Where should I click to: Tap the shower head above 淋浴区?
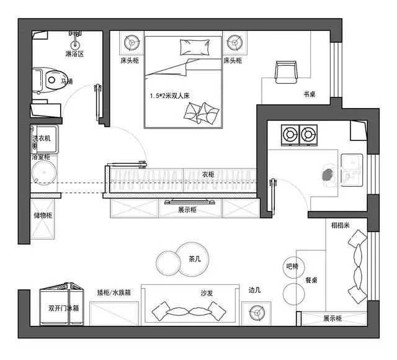[75, 40]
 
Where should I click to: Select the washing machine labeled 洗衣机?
[45, 139]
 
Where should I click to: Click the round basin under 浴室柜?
[44, 173]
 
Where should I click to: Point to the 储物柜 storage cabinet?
[43, 219]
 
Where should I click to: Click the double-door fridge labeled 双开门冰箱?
[62, 305]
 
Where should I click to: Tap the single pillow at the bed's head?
[195, 47]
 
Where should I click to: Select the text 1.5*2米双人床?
[169, 96]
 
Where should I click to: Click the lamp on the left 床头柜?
[132, 42]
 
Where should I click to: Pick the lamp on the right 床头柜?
[234, 42]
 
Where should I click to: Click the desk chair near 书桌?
[286, 72]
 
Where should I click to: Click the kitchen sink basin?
[352, 169]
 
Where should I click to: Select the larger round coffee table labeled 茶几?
[192, 259]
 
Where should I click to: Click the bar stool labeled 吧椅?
[293, 266]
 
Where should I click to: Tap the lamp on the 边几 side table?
[257, 313]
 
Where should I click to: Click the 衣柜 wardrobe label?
[208, 174]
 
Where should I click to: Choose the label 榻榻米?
[341, 225]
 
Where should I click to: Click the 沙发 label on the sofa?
[207, 293]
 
